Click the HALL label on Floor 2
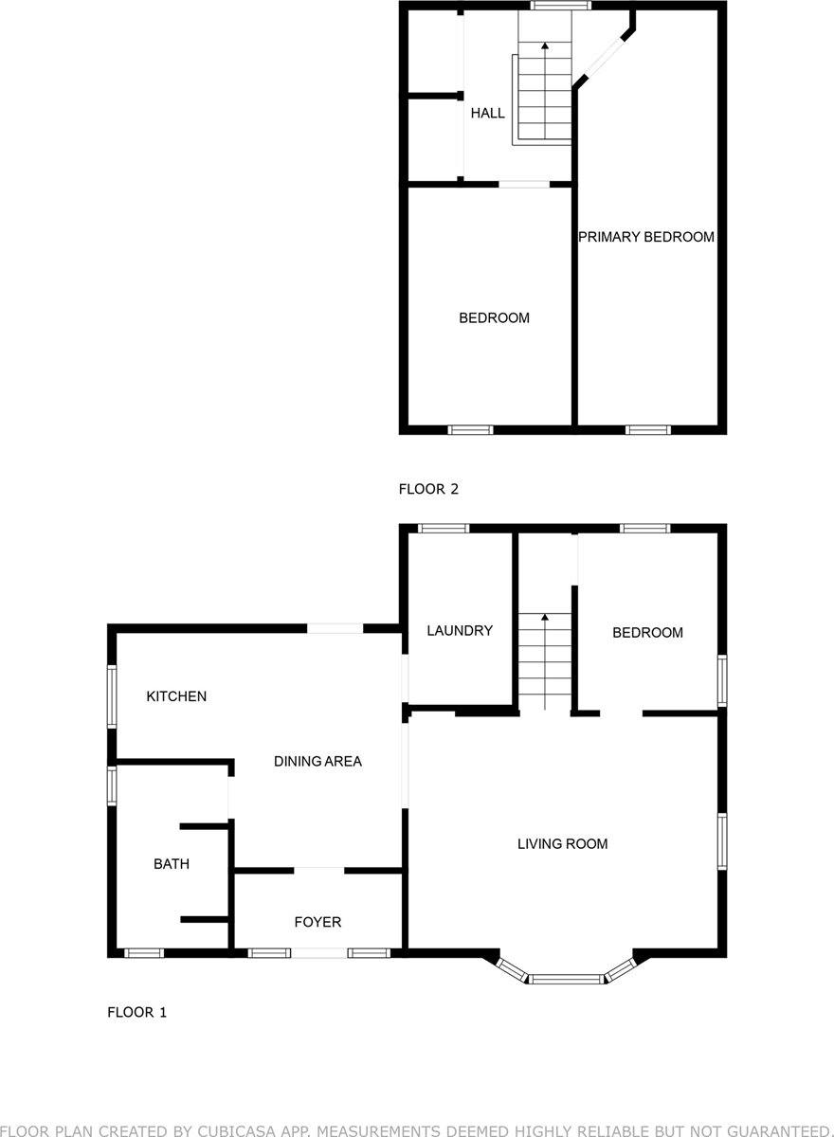click(x=488, y=113)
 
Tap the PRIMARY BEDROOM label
click(x=646, y=237)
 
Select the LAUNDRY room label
click(x=460, y=630)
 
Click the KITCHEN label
click(x=176, y=696)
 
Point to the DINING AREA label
click(x=317, y=761)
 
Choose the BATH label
click(x=172, y=864)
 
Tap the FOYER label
click(x=317, y=922)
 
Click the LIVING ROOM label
click(x=562, y=843)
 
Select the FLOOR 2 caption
click(x=428, y=489)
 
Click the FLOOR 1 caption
click(x=136, y=1012)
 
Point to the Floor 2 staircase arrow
click(x=545, y=45)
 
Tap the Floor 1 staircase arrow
click(x=545, y=618)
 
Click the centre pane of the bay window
click(x=566, y=979)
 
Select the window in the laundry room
click(x=444, y=529)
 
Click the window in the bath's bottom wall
click(x=144, y=952)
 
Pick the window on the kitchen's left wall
click(x=112, y=696)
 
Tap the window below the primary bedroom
click(x=647, y=430)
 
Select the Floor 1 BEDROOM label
click(x=647, y=633)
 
